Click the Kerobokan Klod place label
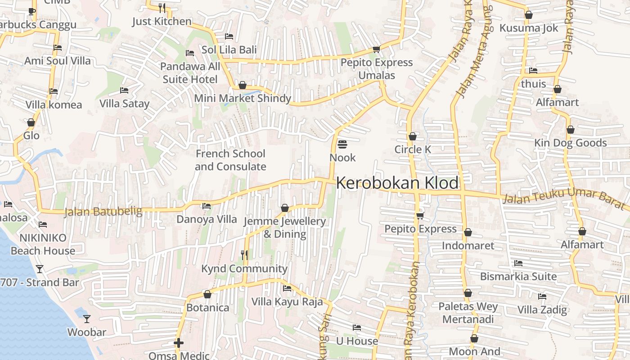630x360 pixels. coord(397,183)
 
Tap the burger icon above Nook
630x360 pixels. coord(342,144)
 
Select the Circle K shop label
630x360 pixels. coord(412,149)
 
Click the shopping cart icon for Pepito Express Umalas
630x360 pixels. coord(376,49)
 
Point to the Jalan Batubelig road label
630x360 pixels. coord(103,211)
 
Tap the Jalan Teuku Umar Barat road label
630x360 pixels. coord(564,198)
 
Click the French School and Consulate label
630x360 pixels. coord(230,160)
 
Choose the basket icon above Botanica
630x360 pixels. coord(207,294)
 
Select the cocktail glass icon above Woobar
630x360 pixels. coord(87,319)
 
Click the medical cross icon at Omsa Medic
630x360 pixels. coord(179,343)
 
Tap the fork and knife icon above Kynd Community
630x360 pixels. coord(244,255)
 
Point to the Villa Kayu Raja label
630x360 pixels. coord(287,301)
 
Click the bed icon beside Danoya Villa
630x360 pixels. coord(207,206)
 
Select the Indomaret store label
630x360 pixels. coord(468,246)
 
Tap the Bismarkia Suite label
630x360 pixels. coord(518,276)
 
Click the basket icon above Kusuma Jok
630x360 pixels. coord(529,15)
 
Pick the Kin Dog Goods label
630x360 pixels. coord(571,143)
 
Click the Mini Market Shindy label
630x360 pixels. coord(243,98)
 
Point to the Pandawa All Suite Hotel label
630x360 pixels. coord(190,73)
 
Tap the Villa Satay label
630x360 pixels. coord(124,104)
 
